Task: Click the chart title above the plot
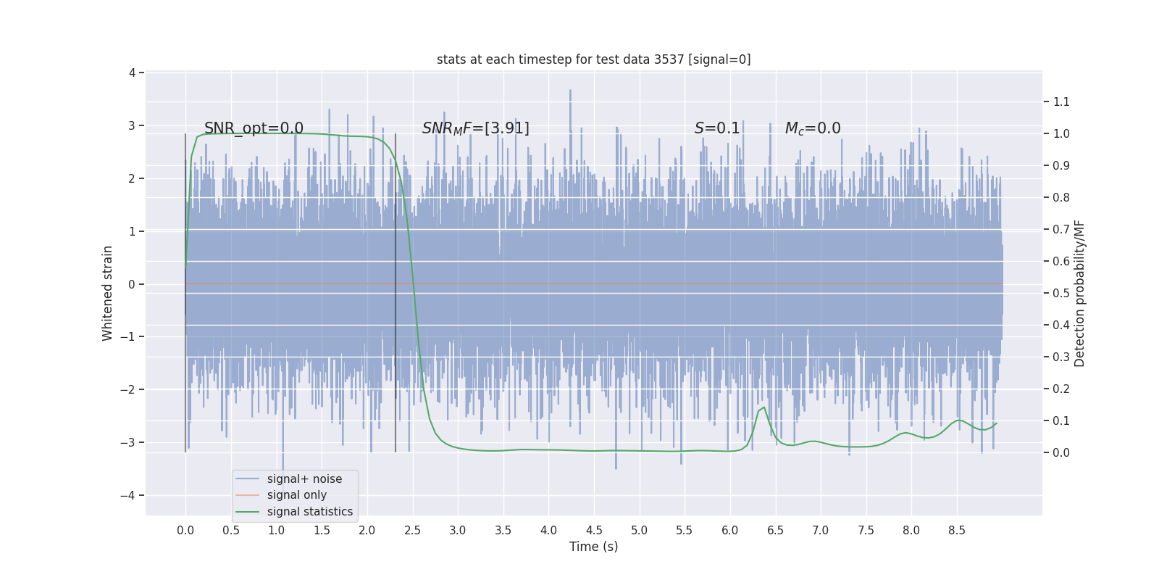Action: click(593, 59)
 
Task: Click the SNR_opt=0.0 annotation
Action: click(254, 128)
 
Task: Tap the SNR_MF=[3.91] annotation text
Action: click(475, 128)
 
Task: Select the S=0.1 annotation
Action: click(717, 128)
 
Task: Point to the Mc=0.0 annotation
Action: click(813, 128)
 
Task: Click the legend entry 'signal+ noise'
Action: click(304, 479)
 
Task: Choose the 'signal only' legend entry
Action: click(296, 495)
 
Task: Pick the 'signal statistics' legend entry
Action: click(309, 512)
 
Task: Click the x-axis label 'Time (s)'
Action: click(593, 547)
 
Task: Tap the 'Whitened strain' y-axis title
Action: click(108, 293)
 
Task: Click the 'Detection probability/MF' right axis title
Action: click(1079, 293)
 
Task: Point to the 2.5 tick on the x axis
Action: click(412, 530)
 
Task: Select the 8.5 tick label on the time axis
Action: click(956, 530)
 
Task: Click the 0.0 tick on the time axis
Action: click(185, 530)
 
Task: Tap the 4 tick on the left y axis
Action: click(132, 72)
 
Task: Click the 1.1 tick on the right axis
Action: click(1061, 101)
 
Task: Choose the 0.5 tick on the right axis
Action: click(1061, 293)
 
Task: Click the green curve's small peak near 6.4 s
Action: click(763, 407)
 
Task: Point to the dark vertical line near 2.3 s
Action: click(396, 290)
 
